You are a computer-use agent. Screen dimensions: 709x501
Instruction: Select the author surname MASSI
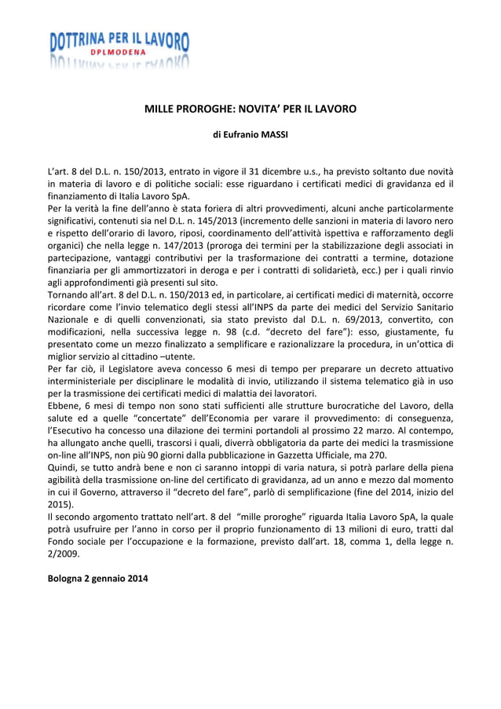273,134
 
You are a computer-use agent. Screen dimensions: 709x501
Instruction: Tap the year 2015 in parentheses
60,505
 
